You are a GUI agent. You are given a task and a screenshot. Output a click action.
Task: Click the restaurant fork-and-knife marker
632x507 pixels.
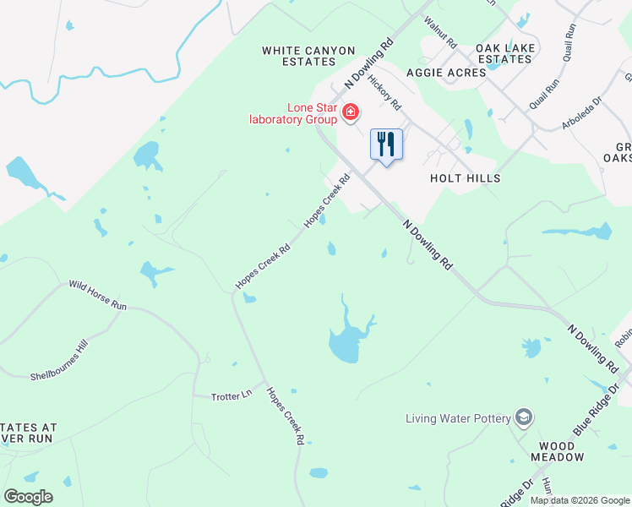[386, 144]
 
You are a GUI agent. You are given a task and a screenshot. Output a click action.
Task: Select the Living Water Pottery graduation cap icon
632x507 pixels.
[525, 417]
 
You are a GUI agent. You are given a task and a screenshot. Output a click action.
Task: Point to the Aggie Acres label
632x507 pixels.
[446, 73]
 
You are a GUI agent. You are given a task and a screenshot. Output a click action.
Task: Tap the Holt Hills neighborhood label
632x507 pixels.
[465, 178]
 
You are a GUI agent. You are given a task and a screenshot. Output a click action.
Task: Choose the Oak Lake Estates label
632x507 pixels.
[505, 53]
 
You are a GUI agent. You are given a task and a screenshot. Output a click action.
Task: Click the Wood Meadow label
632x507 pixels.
[557, 450]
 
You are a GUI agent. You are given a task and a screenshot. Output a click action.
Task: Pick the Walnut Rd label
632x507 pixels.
[440, 31]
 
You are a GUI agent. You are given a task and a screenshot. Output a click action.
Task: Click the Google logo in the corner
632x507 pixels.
[28, 497]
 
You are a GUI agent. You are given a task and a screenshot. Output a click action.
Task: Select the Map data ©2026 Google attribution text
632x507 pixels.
[580, 500]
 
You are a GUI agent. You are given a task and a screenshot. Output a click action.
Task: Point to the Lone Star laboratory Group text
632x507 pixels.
[293, 113]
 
